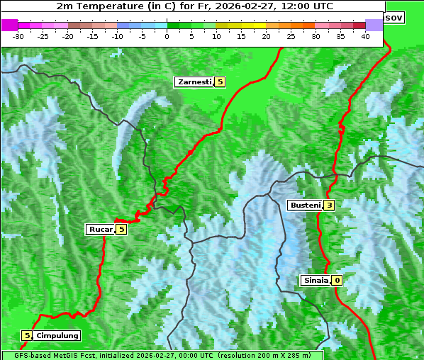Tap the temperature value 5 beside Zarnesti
[x=220, y=82]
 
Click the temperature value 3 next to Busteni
[x=329, y=206]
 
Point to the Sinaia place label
[x=316, y=281]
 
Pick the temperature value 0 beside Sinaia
[x=337, y=281]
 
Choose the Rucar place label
[x=100, y=229]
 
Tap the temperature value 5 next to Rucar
[x=121, y=229]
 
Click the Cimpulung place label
[x=57, y=335]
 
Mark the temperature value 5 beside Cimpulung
[x=27, y=335]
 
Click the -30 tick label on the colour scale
[x=18, y=35]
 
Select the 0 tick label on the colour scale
[x=167, y=35]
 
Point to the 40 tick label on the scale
[x=365, y=35]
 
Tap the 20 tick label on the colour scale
[x=267, y=35]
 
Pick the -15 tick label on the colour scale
[x=93, y=35]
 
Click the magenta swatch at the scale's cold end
[x=9, y=25]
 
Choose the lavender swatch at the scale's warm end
[x=374, y=25]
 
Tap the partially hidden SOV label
[x=394, y=17]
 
